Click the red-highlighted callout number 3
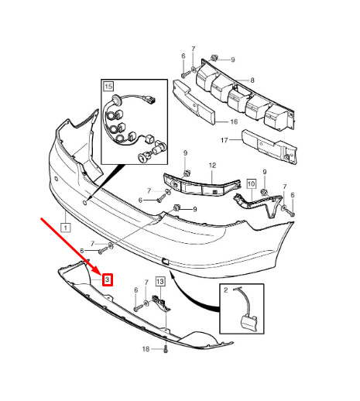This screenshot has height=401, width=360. click(x=108, y=279)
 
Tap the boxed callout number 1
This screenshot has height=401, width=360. click(x=66, y=228)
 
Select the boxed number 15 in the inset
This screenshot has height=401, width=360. click(x=108, y=86)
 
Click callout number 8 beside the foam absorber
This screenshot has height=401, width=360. click(x=252, y=81)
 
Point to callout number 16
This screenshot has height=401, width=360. click(x=234, y=122)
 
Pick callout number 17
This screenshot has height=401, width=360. click(x=225, y=140)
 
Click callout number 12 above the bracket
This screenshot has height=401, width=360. click(x=212, y=166)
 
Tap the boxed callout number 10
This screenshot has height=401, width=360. click(x=252, y=183)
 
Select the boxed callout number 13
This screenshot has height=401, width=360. click(x=160, y=281)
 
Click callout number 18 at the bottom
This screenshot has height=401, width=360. click(x=146, y=349)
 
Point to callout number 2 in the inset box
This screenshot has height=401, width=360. click(x=226, y=290)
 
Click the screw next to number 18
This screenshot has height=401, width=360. click(x=166, y=350)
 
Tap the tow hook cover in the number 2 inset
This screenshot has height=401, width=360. click(x=249, y=323)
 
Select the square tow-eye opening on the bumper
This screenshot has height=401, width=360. click(x=165, y=262)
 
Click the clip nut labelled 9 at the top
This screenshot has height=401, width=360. click(x=214, y=58)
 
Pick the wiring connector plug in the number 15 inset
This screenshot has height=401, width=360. click(x=151, y=99)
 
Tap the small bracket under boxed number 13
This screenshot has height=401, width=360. click(x=161, y=303)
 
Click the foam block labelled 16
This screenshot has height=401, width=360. click(x=194, y=102)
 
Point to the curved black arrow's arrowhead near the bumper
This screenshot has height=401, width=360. click(x=171, y=272)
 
